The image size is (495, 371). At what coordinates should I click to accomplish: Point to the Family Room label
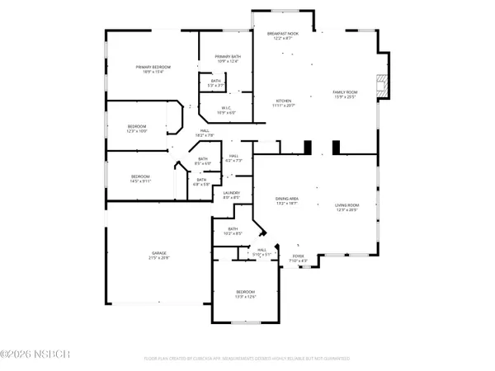(x=345, y=92)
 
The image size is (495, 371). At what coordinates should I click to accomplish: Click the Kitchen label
(x=284, y=101)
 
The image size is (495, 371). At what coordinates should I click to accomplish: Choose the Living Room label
(x=347, y=206)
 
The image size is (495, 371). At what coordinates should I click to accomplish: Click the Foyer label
(x=299, y=256)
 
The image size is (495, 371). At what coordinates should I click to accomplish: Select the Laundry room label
(x=231, y=193)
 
